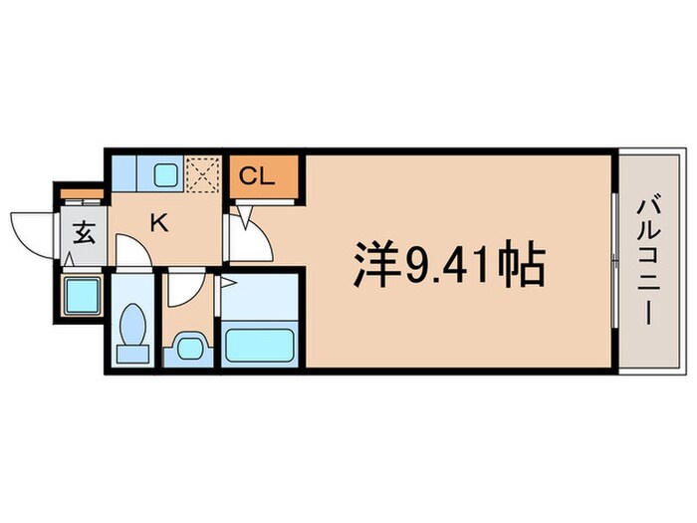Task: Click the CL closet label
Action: click(255, 178)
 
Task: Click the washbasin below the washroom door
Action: click(188, 348)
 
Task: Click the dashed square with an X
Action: click(202, 175)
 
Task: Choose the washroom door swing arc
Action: click(185, 288)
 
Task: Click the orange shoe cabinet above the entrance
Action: click(81, 193)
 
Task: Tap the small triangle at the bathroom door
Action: click(226, 284)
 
